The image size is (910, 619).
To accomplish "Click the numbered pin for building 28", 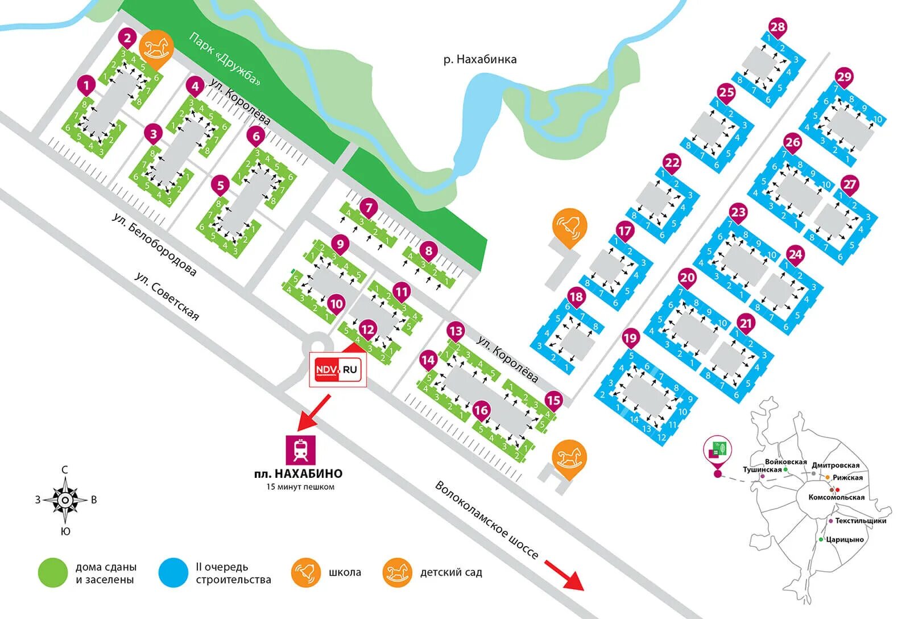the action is click(x=777, y=27).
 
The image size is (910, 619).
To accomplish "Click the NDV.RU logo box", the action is click(x=338, y=370).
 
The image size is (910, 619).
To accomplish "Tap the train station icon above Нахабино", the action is click(x=300, y=450).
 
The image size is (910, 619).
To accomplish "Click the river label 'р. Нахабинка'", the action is click(x=480, y=59).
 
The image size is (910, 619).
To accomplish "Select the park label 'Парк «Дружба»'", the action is click(x=225, y=59).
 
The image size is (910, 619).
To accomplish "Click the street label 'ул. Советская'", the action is click(x=167, y=296).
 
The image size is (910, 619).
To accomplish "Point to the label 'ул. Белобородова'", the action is click(x=154, y=245).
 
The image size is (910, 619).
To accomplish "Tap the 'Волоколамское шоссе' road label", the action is click(x=486, y=519).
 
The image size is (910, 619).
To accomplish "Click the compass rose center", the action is click(x=65, y=500).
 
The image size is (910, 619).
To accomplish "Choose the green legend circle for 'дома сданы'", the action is click(x=53, y=573).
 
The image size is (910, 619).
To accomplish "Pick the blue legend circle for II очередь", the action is click(x=173, y=573).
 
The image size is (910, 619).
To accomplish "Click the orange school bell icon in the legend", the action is click(x=305, y=572).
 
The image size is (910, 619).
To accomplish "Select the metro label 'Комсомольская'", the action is click(x=836, y=497).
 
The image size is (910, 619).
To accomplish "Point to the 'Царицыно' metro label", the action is click(x=845, y=539).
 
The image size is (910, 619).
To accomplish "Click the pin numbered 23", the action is click(x=738, y=213).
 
